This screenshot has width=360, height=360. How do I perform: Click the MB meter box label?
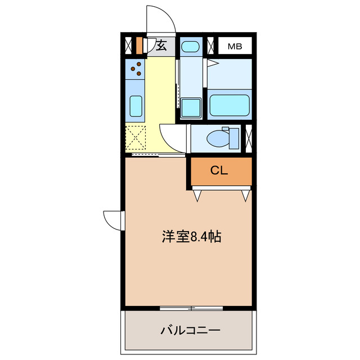tap(235, 46)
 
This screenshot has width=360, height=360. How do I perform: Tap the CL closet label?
tap(219, 172)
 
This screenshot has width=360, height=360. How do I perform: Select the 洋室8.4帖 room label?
tap(191, 237)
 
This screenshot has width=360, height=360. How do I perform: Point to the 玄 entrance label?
tap(161, 46)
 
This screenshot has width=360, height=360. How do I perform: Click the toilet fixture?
tap(219, 137)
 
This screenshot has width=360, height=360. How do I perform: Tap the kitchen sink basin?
tap(136, 105)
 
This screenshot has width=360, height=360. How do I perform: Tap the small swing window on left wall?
tap(112, 219)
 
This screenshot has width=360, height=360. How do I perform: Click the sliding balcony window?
tap(191, 308)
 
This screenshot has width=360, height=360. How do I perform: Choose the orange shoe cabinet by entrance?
tap(139, 44)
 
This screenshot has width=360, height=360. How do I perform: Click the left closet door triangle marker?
tap(198, 196)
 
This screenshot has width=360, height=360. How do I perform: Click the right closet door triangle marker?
tap(245, 196)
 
